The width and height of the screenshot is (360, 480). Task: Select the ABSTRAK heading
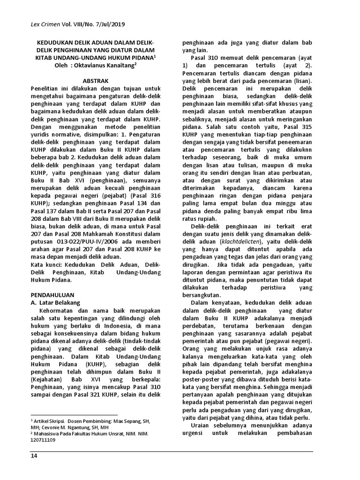click(95, 81)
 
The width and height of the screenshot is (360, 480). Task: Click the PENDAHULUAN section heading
click(53, 296)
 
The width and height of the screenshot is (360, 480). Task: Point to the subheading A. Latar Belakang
click(56, 303)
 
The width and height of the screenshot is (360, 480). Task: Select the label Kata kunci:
click(46, 264)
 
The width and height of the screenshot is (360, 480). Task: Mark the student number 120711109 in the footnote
click(43, 440)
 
